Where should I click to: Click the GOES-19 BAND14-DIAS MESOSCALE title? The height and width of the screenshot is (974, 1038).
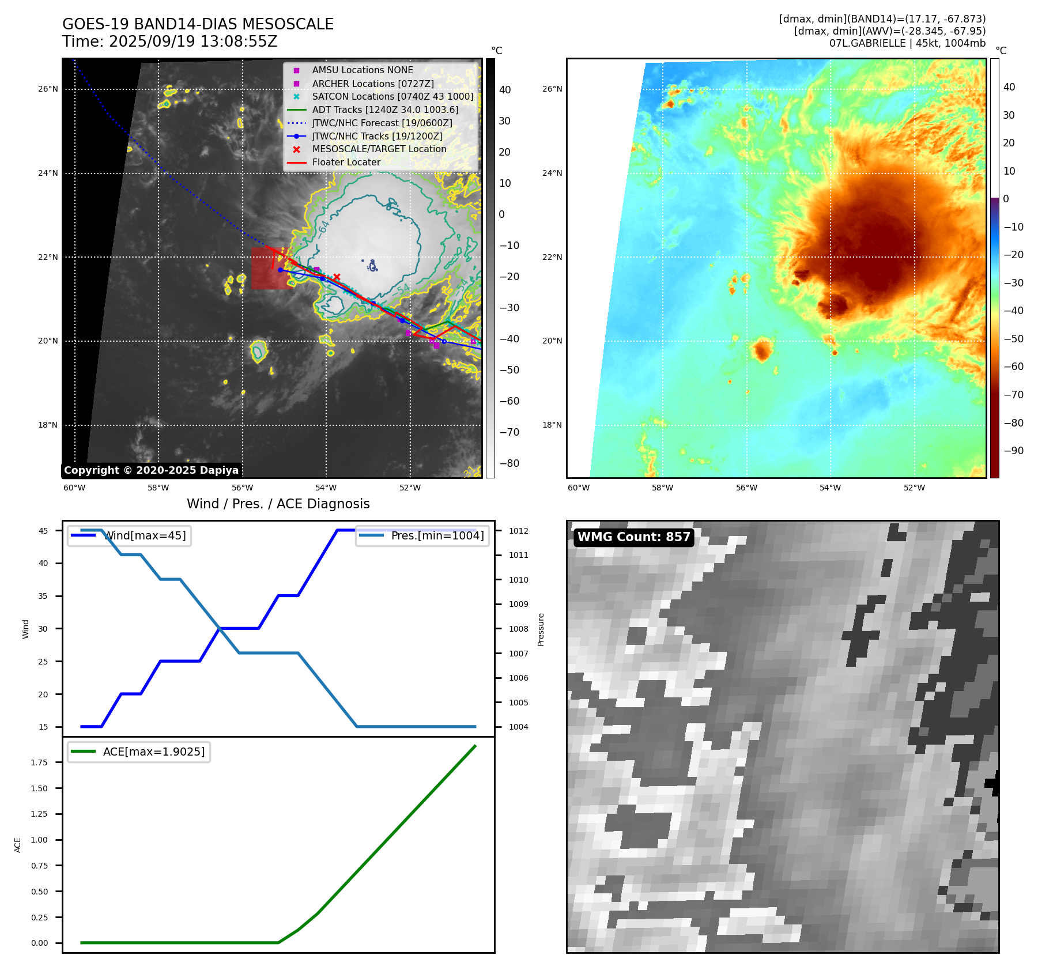point(198,24)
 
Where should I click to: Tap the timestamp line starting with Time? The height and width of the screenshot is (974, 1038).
point(169,41)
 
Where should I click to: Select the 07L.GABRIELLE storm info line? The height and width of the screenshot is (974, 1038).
point(907,43)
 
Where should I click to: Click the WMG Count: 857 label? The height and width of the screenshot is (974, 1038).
point(633,537)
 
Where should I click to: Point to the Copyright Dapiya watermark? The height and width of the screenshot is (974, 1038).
point(151,470)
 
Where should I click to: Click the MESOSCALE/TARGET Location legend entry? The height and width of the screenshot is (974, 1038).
point(379,149)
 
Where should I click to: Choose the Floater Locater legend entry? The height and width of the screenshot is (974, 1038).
point(346,162)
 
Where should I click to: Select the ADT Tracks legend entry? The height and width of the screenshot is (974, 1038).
point(385,110)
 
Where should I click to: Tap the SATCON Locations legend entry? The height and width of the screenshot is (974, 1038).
point(392,96)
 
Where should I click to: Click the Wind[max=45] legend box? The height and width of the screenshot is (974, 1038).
point(129,535)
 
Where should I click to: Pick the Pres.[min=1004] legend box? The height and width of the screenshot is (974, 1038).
point(422,535)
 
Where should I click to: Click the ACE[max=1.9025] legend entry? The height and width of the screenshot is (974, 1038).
point(138,752)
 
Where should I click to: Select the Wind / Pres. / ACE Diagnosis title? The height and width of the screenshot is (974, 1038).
point(278,504)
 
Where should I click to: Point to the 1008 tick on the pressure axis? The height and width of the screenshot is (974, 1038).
point(518,629)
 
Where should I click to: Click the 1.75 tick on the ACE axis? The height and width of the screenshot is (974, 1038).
point(39,762)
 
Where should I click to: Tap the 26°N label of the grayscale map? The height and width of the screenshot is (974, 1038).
point(48,89)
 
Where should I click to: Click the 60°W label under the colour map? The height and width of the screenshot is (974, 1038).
point(578,488)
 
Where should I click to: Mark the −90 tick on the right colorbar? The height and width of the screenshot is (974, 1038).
point(1013,451)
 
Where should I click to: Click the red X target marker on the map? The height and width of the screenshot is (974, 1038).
point(337,277)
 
